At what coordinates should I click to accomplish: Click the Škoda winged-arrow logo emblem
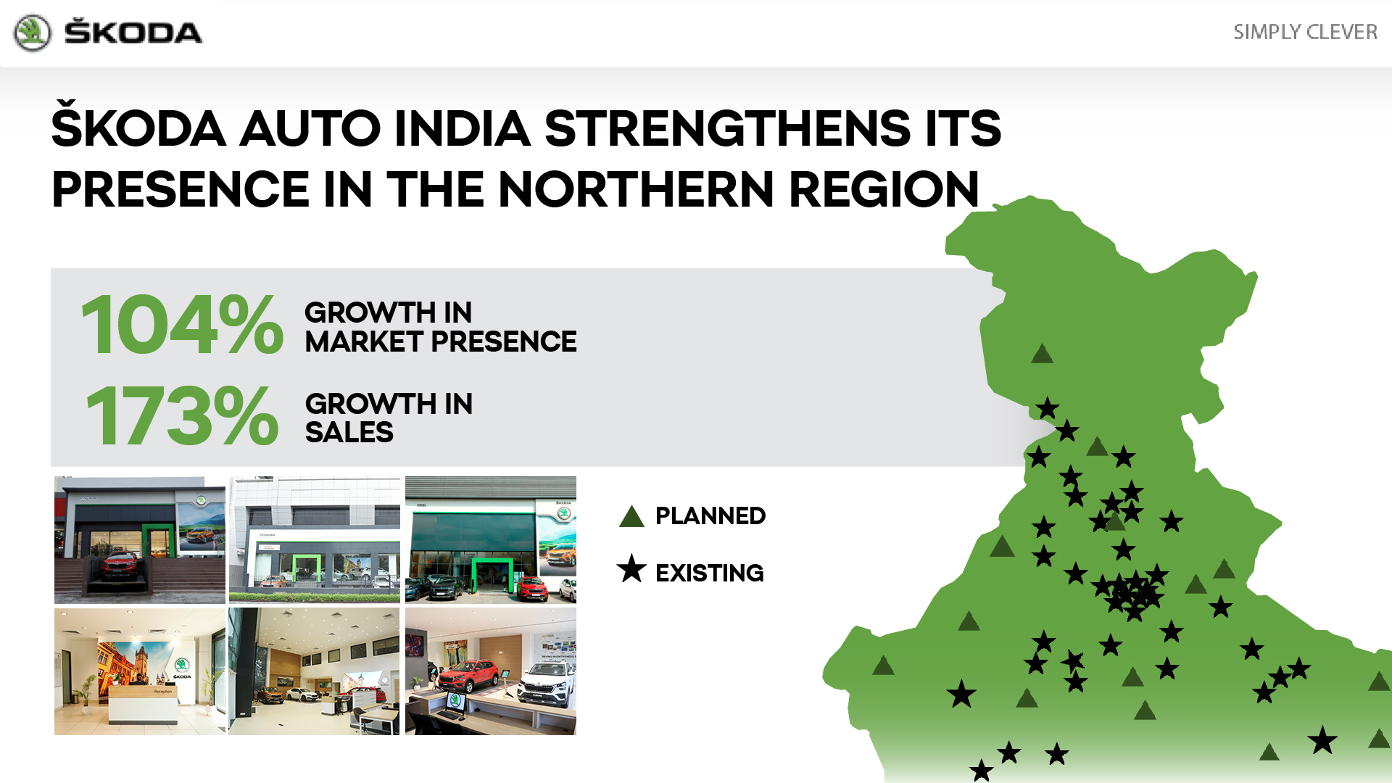coord(33,33)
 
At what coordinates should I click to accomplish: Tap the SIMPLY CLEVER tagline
coord(1305,32)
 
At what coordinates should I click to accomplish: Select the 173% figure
coord(182,415)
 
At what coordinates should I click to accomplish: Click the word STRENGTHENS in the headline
coord(726,128)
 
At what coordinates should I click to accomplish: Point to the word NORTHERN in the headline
coord(637,189)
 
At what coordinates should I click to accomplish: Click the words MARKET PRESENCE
coord(441,341)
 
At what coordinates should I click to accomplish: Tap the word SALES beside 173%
coord(349,432)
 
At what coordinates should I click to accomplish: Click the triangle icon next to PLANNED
coord(631,516)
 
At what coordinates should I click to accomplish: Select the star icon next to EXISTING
coord(631,569)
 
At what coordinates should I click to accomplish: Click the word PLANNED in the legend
coord(710,515)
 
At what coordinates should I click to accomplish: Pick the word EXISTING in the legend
coord(710,573)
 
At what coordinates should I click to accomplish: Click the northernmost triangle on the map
coord(1042,355)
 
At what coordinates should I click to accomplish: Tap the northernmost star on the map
coord(1047,408)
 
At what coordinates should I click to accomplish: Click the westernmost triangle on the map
coord(883,666)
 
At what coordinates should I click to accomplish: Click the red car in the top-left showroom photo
coord(120,566)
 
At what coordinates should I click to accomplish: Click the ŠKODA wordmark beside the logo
coord(133,33)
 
